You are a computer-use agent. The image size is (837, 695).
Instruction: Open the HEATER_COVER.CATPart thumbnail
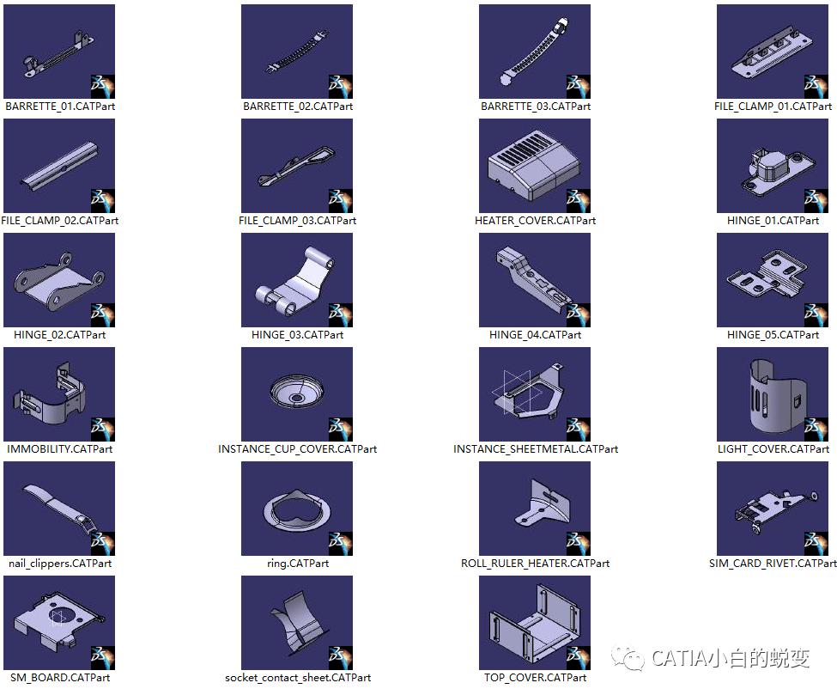tap(534, 166)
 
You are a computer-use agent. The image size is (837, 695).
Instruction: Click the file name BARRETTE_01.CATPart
tap(60, 107)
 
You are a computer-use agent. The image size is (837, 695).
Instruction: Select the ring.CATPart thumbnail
tap(297, 509)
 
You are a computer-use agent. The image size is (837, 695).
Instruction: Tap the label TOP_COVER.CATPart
tap(535, 678)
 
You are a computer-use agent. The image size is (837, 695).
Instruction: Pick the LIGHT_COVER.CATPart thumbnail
tap(773, 394)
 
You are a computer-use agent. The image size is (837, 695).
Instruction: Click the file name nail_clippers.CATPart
tap(60, 564)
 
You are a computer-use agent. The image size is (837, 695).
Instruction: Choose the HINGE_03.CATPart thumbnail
tap(297, 280)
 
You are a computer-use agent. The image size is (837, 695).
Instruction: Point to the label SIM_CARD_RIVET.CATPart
tap(773, 564)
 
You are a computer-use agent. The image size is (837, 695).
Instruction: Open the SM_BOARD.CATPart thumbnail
tap(59, 623)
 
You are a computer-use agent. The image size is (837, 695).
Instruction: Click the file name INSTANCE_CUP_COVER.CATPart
tap(297, 449)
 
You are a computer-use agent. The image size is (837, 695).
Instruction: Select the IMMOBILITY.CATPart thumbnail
tap(59, 394)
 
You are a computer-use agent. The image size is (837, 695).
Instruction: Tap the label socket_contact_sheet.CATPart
tap(298, 678)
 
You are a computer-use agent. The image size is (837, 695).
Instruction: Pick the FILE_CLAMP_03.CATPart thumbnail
tap(297, 166)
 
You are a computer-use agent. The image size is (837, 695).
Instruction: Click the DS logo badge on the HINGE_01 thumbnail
tap(816, 201)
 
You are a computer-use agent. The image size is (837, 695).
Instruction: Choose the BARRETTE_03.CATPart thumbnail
tap(534, 52)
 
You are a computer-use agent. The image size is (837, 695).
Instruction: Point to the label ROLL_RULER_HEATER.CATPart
tap(535, 564)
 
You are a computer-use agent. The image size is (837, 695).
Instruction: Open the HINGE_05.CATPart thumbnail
tap(773, 280)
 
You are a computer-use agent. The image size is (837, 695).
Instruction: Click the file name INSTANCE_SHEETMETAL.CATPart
tap(536, 449)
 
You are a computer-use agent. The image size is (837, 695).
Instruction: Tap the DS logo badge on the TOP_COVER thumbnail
tap(578, 658)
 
